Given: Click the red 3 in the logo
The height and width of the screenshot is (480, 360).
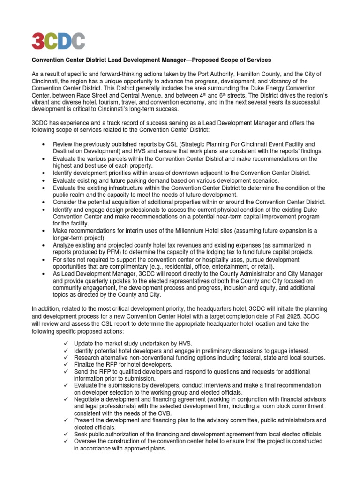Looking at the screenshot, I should (x=37, y=41).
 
